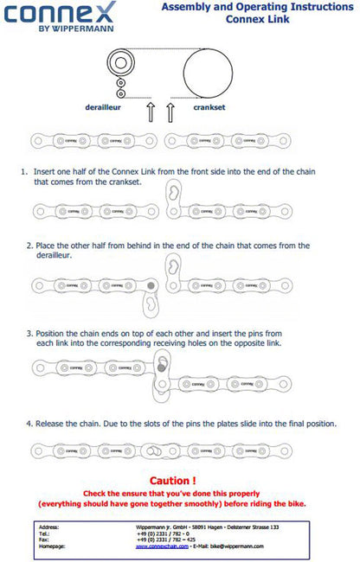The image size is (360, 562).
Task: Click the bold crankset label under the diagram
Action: [211, 108]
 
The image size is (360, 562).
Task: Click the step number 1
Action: [24, 172]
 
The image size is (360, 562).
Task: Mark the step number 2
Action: [29, 245]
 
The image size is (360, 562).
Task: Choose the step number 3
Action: [29, 332]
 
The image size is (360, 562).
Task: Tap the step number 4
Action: [29, 423]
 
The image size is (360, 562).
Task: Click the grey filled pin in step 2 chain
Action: [151, 284]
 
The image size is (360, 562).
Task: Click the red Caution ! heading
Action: [173, 480]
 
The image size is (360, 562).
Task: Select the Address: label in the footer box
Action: [49, 527]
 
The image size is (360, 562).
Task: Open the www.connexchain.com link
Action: [164, 546]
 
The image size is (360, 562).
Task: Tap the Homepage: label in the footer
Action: [53, 546]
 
